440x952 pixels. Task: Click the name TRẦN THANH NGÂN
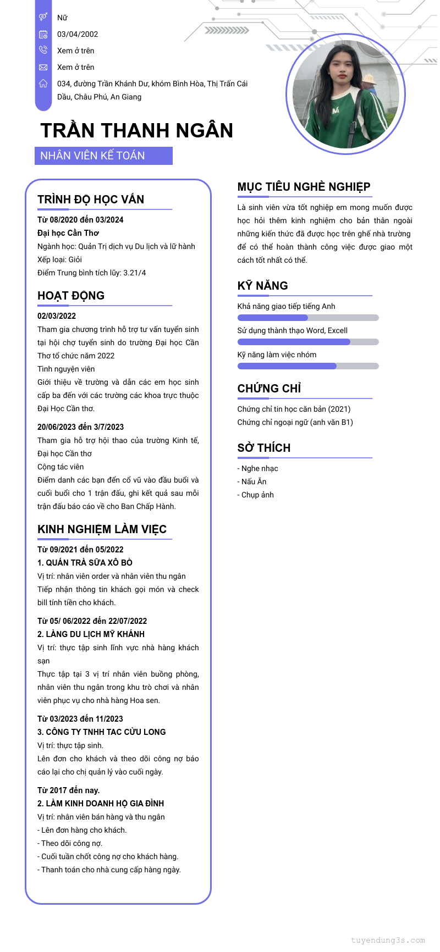[x=137, y=130]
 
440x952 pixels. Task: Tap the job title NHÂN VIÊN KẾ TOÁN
[x=92, y=156]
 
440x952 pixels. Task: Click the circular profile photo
[x=345, y=94]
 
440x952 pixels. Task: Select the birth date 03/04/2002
[x=78, y=34]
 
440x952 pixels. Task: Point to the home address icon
[x=43, y=84]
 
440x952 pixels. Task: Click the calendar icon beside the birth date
[x=43, y=34]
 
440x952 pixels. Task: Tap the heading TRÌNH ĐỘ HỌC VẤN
[x=91, y=200]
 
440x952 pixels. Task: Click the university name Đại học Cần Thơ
[x=68, y=233]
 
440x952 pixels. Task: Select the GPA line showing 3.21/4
[x=92, y=273]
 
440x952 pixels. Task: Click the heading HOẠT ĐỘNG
[x=71, y=296]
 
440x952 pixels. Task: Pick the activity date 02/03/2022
[x=57, y=316]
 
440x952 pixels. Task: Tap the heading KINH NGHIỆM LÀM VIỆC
[x=102, y=529]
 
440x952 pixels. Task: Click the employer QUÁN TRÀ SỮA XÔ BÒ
[x=85, y=563]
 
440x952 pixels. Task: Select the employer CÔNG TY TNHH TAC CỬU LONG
[x=101, y=732]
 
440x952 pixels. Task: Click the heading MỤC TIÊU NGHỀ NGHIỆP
[x=304, y=187]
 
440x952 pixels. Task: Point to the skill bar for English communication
[x=308, y=318]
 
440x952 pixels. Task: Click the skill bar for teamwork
[x=308, y=366]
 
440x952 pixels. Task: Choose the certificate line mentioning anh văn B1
[x=295, y=422]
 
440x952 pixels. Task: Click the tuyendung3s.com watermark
[x=388, y=940]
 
